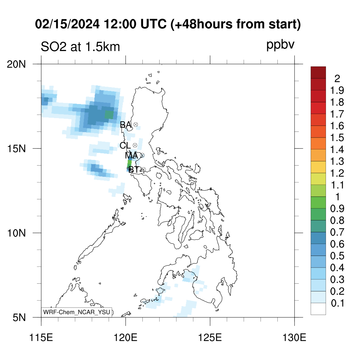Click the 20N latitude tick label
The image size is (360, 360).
click(16, 64)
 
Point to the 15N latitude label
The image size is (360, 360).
click(16, 149)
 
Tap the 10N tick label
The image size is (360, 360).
click(16, 233)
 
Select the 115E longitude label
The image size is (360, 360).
click(41, 338)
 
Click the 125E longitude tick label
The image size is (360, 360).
click(210, 338)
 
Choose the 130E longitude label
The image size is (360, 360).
click(294, 338)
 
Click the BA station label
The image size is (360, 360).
click(126, 125)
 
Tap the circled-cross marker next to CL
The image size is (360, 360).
click(135, 145)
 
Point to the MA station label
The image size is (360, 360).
click(131, 155)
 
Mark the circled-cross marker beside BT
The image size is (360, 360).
click(143, 169)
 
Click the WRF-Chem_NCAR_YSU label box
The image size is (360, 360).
click(77, 312)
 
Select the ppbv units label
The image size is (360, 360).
click(280, 45)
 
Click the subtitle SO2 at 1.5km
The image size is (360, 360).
click(81, 47)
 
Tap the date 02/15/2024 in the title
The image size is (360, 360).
click(67, 24)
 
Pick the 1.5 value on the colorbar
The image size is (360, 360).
click(337, 138)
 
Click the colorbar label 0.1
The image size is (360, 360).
click(337, 303)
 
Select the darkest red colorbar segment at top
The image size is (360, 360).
click(318, 72)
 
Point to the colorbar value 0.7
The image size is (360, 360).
click(337, 232)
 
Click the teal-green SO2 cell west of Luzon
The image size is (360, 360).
click(109, 115)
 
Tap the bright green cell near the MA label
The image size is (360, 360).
click(129, 164)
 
